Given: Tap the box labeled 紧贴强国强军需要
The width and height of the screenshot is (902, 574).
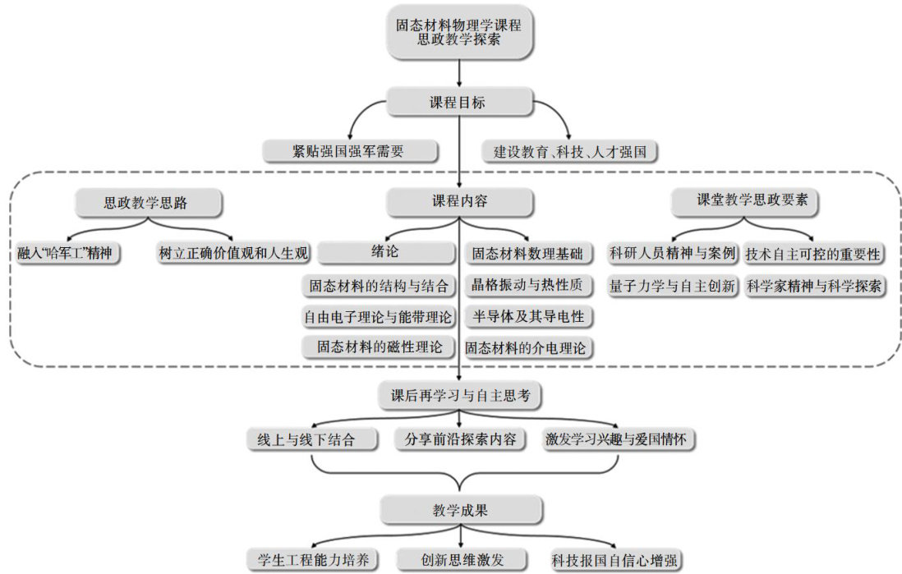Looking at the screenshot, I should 348,151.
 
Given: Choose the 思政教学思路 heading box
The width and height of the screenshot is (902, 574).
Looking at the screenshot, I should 145,202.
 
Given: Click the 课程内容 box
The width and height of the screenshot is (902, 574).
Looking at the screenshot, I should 459,202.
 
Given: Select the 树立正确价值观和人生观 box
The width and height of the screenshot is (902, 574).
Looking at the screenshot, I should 233,253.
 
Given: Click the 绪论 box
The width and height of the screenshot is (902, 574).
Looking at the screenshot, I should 384,252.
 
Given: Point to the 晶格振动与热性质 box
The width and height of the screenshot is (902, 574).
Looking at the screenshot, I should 527,285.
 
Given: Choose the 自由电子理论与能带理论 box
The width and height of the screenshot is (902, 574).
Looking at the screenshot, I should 378,316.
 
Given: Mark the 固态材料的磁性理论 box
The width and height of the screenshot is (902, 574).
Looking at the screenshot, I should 380,347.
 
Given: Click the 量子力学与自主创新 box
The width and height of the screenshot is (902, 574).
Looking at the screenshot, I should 672,287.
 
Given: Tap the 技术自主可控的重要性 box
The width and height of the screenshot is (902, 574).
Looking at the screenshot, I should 812,255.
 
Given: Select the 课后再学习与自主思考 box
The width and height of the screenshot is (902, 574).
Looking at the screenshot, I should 460,395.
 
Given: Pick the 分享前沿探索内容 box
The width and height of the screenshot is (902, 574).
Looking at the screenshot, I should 459,439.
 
